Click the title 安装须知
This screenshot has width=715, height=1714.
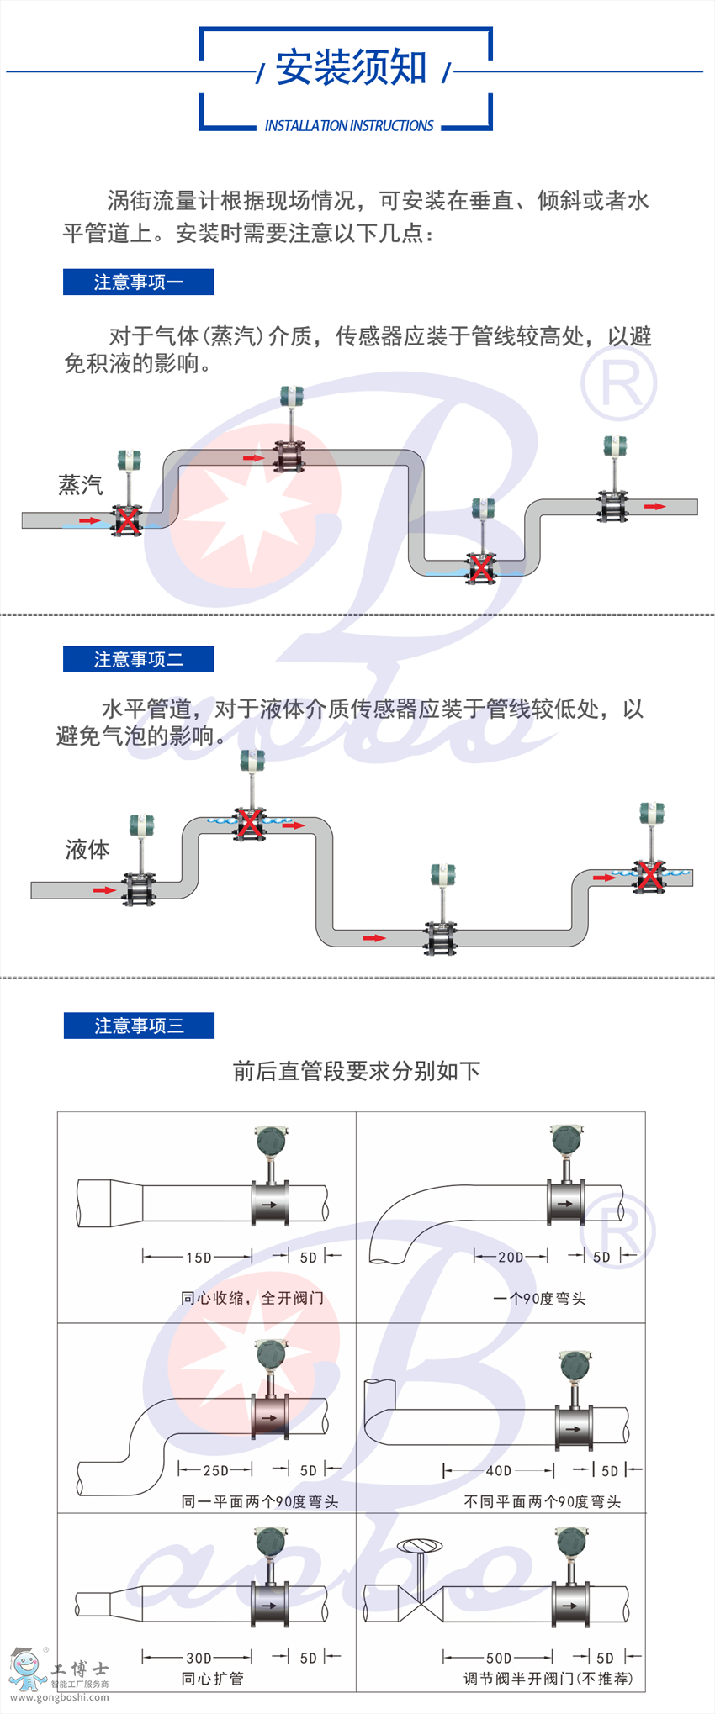pyautogui.click(x=352, y=67)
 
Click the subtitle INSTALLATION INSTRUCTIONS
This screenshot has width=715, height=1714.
pyautogui.click(x=349, y=126)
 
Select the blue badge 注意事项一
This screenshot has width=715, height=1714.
pyautogui.click(x=138, y=282)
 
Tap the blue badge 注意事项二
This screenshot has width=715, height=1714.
pyautogui.click(x=138, y=660)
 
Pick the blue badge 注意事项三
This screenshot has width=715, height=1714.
pyautogui.click(x=139, y=1026)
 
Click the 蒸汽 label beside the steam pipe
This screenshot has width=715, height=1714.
pyautogui.click(x=81, y=485)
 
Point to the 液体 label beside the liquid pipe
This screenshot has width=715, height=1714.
pyautogui.click(x=87, y=850)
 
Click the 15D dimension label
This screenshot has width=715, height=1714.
pyautogui.click(x=199, y=1258)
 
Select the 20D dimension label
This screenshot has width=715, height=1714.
pyautogui.click(x=511, y=1258)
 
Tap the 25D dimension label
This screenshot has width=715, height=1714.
pyautogui.click(x=215, y=1470)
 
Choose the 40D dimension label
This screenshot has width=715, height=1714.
pyautogui.click(x=499, y=1471)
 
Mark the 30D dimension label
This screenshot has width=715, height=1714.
pyautogui.click(x=199, y=1659)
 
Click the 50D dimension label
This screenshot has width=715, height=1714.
pyautogui.click(x=499, y=1659)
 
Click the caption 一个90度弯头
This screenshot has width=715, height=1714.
pyautogui.click(x=539, y=1299)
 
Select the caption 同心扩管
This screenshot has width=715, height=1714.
pyautogui.click(x=212, y=1679)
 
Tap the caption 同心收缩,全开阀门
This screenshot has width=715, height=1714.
pyautogui.click(x=252, y=1298)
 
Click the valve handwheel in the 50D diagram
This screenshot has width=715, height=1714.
pyautogui.click(x=420, y=1545)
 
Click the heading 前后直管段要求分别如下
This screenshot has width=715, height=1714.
pyautogui.click(x=357, y=1071)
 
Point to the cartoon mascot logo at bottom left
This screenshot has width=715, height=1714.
pyautogui.click(x=27, y=1669)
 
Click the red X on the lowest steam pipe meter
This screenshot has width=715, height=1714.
pyautogui.click(x=481, y=568)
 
